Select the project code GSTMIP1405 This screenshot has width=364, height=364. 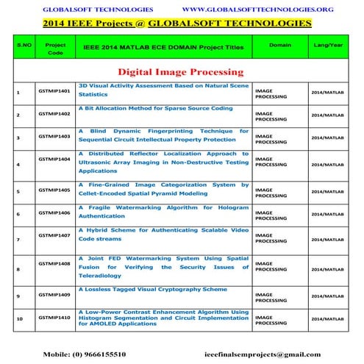coord(54,190)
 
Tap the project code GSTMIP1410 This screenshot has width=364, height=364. coord(54,317)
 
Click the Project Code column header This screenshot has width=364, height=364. coord(55,49)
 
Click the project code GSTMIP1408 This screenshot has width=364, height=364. coord(54,263)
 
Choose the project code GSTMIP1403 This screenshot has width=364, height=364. coord(54,136)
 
